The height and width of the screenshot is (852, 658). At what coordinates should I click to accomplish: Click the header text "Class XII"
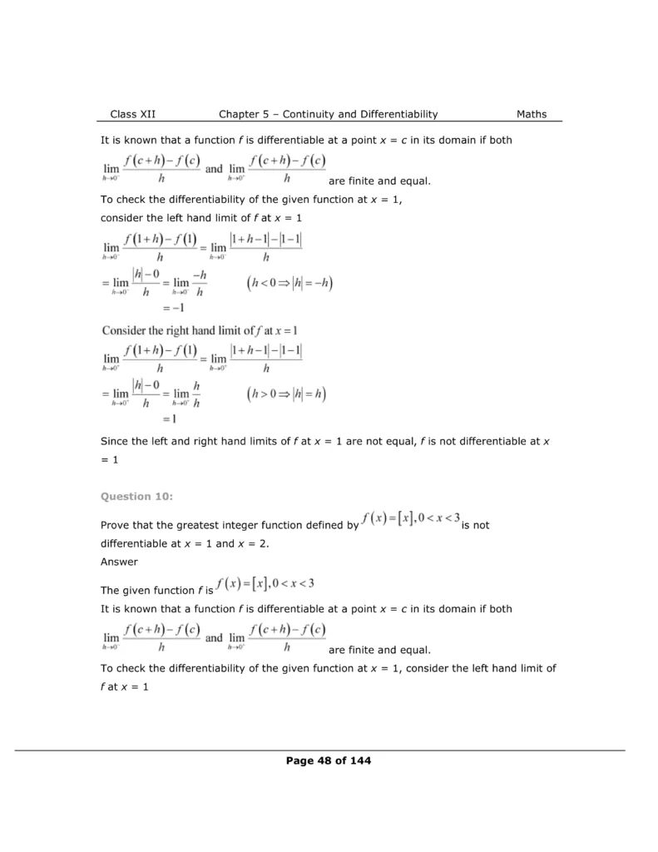(132, 114)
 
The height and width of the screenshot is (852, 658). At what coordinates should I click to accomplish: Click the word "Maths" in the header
(532, 114)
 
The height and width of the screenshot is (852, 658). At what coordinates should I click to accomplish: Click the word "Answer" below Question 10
(119, 561)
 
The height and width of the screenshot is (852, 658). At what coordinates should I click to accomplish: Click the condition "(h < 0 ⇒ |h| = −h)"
(289, 284)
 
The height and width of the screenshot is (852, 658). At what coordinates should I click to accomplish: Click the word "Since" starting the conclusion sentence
(116, 442)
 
